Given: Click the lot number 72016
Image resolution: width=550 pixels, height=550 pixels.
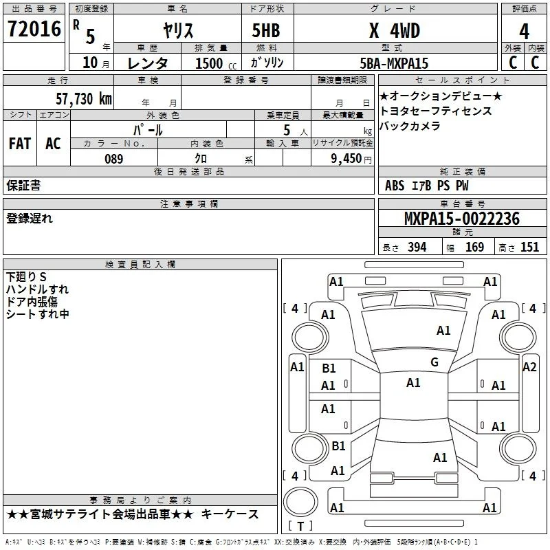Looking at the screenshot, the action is pyautogui.click(x=34, y=29).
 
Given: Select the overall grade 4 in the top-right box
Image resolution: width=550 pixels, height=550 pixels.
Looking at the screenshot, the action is pyautogui.click(x=524, y=32).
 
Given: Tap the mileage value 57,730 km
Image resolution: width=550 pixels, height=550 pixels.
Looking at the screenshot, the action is pyautogui.click(x=84, y=99).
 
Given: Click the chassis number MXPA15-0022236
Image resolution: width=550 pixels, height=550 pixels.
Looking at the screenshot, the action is pyautogui.click(x=462, y=219).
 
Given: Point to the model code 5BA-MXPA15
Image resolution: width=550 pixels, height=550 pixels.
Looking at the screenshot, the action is pyautogui.click(x=394, y=63).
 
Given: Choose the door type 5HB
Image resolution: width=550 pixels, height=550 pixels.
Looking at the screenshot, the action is pyautogui.click(x=266, y=30).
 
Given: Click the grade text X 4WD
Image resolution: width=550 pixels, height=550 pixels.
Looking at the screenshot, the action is pyautogui.click(x=395, y=30).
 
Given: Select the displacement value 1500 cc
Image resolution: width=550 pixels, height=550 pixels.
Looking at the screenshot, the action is pyautogui.click(x=216, y=63).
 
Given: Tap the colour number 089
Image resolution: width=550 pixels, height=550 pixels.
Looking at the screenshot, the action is pyautogui.click(x=114, y=159).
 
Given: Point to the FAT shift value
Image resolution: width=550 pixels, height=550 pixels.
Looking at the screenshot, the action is pyautogui.click(x=20, y=144).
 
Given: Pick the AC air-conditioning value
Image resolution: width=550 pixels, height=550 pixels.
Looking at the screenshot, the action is pyautogui.click(x=53, y=144).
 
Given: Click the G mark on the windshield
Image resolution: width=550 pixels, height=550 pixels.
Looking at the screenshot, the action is pyautogui.click(x=434, y=362).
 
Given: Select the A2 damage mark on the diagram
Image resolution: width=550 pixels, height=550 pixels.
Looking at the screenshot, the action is pyautogui.click(x=529, y=367).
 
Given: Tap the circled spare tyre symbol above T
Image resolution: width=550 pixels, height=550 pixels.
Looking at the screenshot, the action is pyautogui.click(x=300, y=501).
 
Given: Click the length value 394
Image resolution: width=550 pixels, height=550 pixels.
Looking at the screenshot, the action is pyautogui.click(x=417, y=247).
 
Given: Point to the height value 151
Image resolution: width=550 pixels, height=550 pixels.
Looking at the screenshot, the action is pyautogui.click(x=529, y=247).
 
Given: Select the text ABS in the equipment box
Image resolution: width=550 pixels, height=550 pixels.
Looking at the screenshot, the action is pyautogui.click(x=395, y=186).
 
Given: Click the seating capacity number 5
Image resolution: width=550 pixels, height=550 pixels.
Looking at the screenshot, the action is pyautogui.click(x=287, y=130).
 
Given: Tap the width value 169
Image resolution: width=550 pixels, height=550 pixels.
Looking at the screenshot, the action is pyautogui.click(x=474, y=247).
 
